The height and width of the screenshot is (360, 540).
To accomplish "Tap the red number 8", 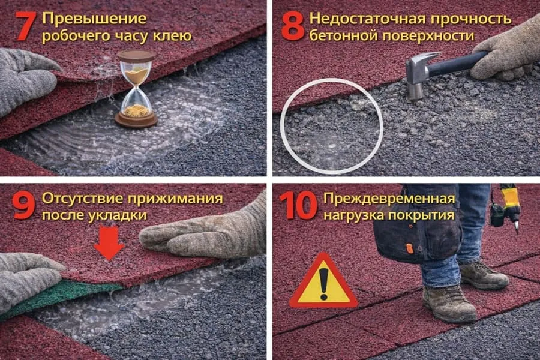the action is point(293,26).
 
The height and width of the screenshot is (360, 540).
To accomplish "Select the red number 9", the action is point(23,206).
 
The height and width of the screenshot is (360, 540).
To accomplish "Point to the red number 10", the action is point(298,206).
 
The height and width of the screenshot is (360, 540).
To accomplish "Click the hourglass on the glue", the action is point(136,89).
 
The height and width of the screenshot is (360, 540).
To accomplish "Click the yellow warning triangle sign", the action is point(324,281).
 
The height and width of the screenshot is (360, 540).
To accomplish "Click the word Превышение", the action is point(94,19).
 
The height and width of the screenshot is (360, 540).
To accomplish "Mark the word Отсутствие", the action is point(82,199).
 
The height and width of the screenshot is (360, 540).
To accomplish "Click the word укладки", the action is point(118,215).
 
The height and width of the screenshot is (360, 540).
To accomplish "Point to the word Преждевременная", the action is point(389,199).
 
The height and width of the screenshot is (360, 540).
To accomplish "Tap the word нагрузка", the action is point(353,215).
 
